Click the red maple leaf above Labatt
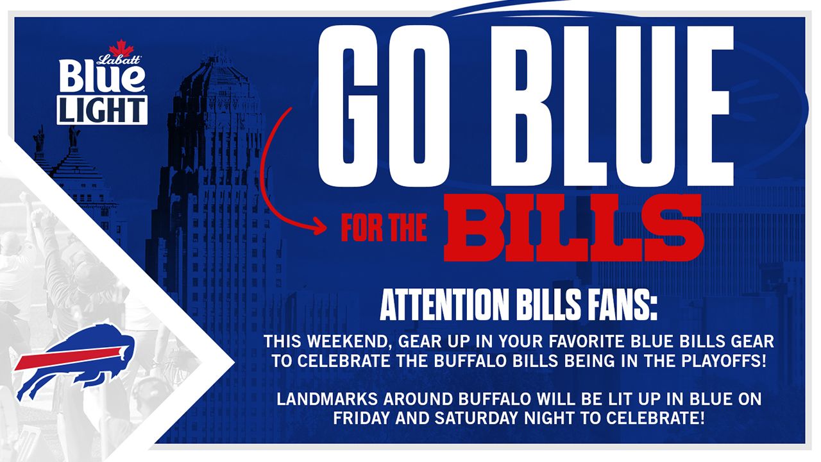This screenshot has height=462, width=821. (x=119, y=47)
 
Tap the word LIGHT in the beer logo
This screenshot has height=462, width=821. (x=102, y=110)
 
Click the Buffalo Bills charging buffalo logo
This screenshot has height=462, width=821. (x=74, y=361)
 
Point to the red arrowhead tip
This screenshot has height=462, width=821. (x=326, y=227)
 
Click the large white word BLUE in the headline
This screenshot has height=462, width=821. (x=613, y=106)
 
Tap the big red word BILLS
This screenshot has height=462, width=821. (x=573, y=228)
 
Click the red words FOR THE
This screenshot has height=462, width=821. (x=384, y=228)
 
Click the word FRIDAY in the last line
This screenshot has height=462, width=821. (x=361, y=418)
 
